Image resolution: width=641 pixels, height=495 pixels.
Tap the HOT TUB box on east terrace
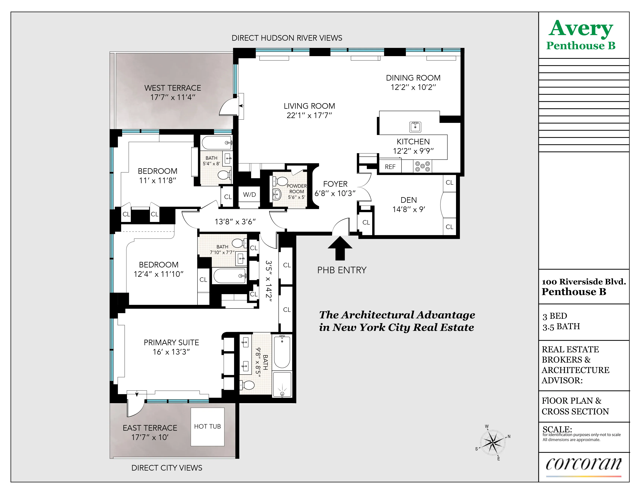click(207, 427)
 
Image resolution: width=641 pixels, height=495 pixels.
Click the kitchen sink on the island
click(415, 127)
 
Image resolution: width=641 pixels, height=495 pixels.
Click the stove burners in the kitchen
click(423, 166)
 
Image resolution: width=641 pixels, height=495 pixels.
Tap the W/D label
click(249, 194)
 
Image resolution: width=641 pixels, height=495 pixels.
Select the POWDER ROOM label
click(296, 189)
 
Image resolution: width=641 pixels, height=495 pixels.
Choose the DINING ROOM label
click(413, 78)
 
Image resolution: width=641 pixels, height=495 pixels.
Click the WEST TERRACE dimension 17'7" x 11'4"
click(173, 97)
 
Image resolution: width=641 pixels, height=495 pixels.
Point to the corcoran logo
click(583, 464)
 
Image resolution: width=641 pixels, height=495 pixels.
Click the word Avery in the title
click(581, 29)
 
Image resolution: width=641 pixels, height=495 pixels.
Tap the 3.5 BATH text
click(561, 327)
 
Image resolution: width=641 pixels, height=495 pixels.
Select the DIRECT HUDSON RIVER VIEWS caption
click(287, 38)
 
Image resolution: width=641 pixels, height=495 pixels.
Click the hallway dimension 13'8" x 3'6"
click(235, 222)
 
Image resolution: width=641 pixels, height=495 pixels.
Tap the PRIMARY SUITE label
click(171, 342)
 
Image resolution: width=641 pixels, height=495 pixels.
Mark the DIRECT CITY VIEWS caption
click(167, 468)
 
